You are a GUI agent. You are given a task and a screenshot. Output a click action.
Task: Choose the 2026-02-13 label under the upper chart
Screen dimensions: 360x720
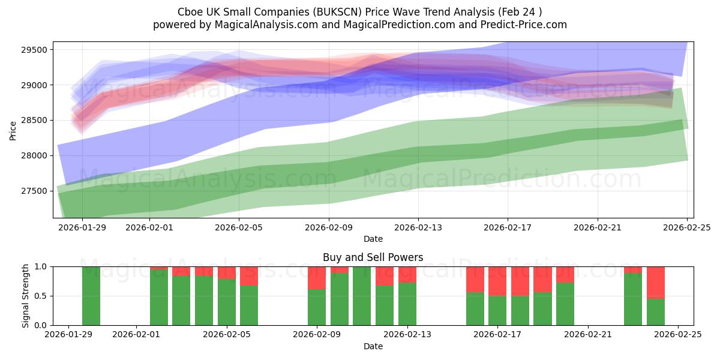point(418,227)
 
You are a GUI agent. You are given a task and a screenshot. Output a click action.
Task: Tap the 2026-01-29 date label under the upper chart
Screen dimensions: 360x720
point(82,227)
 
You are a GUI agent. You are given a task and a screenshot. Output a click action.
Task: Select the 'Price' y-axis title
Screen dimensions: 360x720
point(13,130)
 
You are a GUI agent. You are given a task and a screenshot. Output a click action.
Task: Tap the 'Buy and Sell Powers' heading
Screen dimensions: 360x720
point(373,257)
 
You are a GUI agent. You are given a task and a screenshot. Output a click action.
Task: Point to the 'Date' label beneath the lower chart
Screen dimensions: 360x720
point(373,346)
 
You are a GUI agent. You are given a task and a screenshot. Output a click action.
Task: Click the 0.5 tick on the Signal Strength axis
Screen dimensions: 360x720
point(42,296)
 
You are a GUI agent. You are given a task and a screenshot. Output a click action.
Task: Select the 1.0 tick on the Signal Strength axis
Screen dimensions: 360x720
point(42,266)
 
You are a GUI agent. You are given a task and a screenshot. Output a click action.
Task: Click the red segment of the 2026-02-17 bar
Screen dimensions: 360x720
point(497,281)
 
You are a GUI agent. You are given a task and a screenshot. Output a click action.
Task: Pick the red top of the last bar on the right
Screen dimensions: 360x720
point(655,282)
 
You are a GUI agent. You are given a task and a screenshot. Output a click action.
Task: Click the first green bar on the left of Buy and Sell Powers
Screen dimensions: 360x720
point(91,296)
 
